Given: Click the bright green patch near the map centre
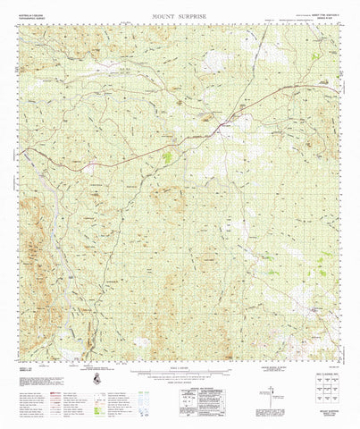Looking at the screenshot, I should point(166,158).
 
